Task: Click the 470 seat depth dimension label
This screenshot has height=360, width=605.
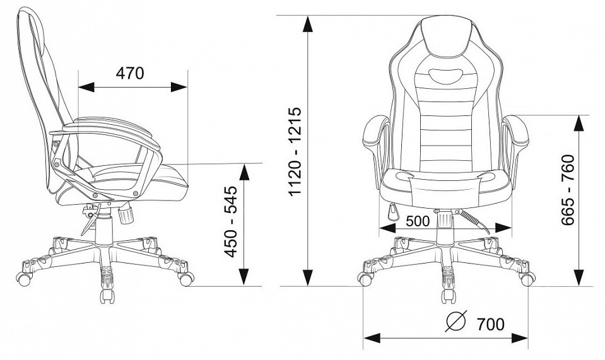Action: click(130, 73)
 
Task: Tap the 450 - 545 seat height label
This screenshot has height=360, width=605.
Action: click(231, 222)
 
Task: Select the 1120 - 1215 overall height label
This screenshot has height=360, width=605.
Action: click(295, 151)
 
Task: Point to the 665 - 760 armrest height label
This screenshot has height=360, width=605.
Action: click(568, 190)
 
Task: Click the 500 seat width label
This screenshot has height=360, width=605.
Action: click(418, 221)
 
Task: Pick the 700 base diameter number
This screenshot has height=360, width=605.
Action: click(490, 325)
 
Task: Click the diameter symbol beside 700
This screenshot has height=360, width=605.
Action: click(456, 321)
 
